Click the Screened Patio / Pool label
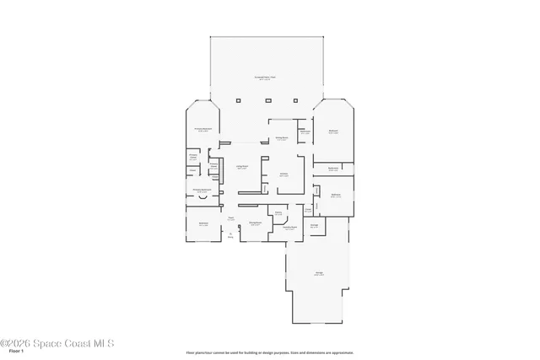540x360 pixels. click(266, 78)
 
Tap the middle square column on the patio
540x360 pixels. click(266, 100)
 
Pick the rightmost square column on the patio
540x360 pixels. click(294, 100)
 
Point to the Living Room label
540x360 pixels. click(241, 167)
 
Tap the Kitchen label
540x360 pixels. click(284, 175)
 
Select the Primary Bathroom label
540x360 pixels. click(202, 191)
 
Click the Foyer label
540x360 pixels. click(230, 218)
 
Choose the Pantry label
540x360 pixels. click(278, 213)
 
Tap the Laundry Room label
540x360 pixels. click(289, 228)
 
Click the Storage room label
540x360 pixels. click(314, 225)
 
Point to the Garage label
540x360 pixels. click(319, 274)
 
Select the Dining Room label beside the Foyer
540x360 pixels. click(254, 224)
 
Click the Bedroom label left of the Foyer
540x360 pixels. click(202, 225)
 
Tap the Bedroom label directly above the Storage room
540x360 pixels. click(335, 196)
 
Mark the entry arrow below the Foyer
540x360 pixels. click(230, 237)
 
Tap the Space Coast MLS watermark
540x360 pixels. click(57, 343)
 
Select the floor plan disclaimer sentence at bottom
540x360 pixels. click(270, 352)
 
